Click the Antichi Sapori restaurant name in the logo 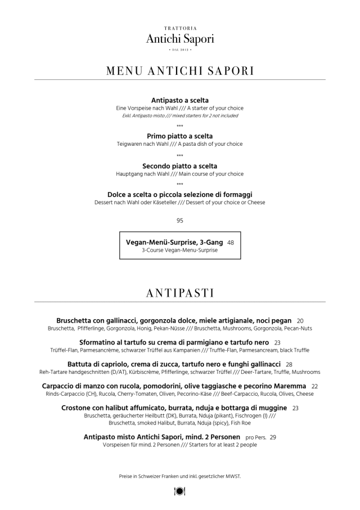pyautogui.click(x=180, y=39)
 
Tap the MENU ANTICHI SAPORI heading pyautogui.click(x=180, y=71)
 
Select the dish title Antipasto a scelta pyautogui.click(x=180, y=100)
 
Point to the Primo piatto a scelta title pyautogui.click(x=180, y=136)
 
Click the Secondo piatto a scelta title pyautogui.click(x=180, y=166)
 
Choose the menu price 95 pyautogui.click(x=180, y=221)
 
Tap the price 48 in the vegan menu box pyautogui.click(x=231, y=242)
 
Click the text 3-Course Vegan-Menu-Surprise pyautogui.click(x=180, y=250)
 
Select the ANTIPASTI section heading pyautogui.click(x=180, y=293)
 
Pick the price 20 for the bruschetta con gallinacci pyautogui.click(x=300, y=320)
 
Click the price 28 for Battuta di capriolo pyautogui.click(x=289, y=364)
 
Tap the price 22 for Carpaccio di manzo pyautogui.click(x=314, y=386)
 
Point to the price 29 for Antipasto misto pyautogui.click(x=273, y=437)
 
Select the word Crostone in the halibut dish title pyautogui.click(x=80, y=408)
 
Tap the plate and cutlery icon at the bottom pyautogui.click(x=180, y=491)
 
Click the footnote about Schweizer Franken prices pyautogui.click(x=180, y=476)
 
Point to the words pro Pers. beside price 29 pyautogui.click(x=256, y=437)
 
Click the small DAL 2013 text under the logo pyautogui.click(x=180, y=51)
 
